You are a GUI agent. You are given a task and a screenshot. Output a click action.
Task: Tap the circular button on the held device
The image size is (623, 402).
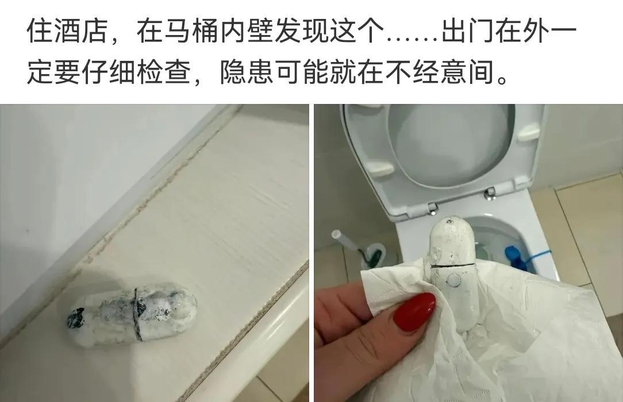click(x=453, y=281)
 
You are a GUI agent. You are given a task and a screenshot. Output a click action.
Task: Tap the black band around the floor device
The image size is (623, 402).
click(x=136, y=313)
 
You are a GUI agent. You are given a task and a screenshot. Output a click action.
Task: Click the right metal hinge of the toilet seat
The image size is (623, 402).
click(x=491, y=194)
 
